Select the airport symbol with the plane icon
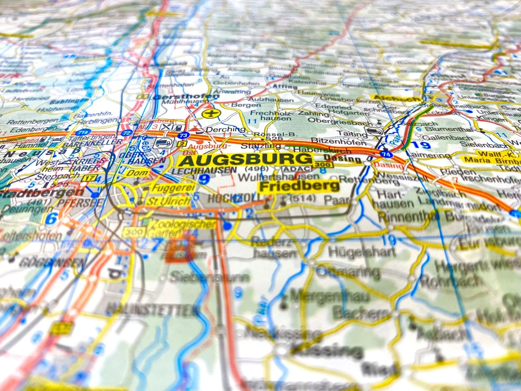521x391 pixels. [210, 113]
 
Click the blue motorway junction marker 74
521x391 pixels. [385, 154]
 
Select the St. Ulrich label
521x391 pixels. [168, 201]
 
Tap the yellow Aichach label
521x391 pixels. [396, 98]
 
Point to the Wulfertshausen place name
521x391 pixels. [278, 177]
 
